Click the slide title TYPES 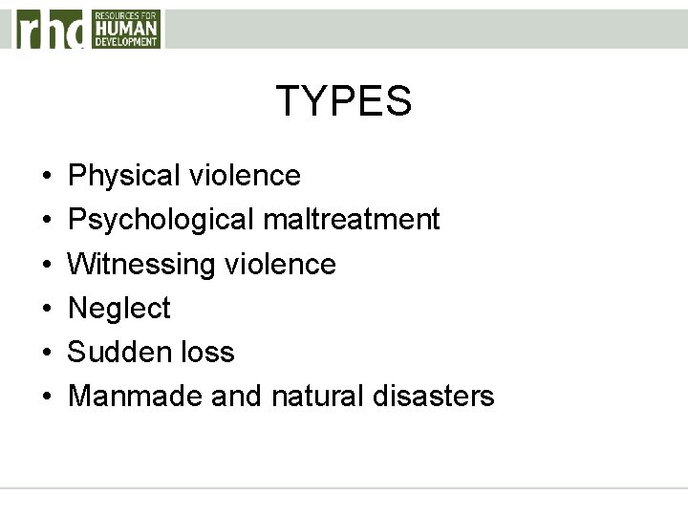344,101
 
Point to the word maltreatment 350,220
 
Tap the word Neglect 119,308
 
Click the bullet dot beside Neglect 47,309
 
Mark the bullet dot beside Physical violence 47,177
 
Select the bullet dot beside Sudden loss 47,353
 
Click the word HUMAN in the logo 126,29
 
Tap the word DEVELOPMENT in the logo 126,42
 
